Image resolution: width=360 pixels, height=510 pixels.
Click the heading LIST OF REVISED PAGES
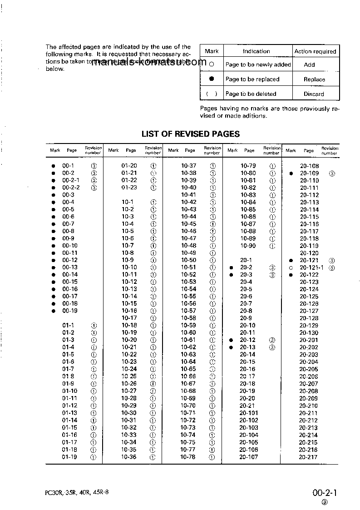tap(191, 134)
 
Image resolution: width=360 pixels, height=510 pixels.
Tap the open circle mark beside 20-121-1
tap(291, 268)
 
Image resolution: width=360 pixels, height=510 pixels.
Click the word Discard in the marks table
tap(314, 94)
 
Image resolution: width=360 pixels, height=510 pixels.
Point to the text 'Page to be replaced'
tap(252, 79)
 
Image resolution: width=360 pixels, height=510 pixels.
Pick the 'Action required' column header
tap(315, 51)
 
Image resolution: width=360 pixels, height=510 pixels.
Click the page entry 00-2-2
tap(71, 188)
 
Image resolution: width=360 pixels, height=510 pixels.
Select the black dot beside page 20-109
tap(291, 173)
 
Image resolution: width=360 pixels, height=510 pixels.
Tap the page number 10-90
tap(248, 246)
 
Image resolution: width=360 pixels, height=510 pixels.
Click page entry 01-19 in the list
tap(69, 457)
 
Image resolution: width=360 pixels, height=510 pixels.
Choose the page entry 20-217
tap(308, 457)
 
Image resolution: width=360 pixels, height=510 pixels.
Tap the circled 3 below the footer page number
tap(324, 502)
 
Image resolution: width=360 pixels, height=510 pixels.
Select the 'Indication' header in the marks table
tap(256, 51)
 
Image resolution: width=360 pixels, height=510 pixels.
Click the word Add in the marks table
tap(309, 64)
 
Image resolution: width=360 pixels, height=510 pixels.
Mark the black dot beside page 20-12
tap(231, 340)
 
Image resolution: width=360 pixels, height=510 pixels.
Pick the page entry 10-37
tap(189, 166)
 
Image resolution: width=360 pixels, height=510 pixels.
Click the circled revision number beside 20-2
tap(272, 267)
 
